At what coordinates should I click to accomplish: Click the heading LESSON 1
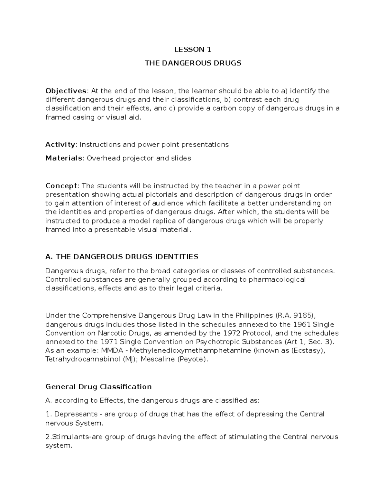point(193,49)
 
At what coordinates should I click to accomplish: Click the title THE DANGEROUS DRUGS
point(193,63)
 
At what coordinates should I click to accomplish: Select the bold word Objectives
point(66,91)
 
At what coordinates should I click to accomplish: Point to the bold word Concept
point(61,186)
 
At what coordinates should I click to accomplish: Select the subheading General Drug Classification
point(98,386)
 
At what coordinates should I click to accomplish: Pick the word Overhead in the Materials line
point(100,158)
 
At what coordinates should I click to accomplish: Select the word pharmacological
point(277,279)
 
